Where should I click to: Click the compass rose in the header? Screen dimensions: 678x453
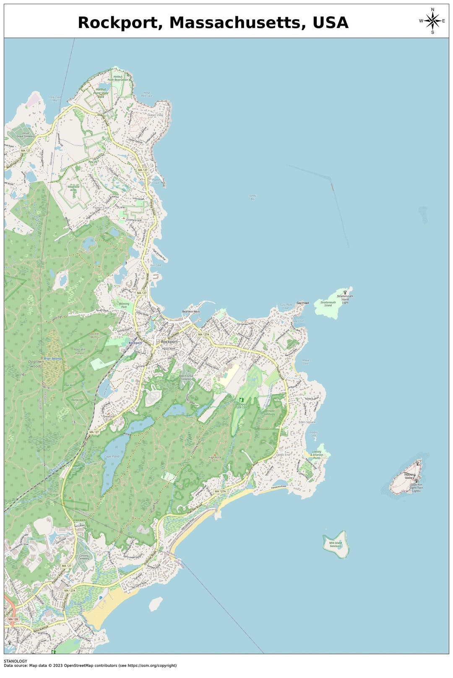(432, 21)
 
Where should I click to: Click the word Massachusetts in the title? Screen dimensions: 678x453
(237, 23)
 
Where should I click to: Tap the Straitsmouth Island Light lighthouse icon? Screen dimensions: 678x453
(345, 292)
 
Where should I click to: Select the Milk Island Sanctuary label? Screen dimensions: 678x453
(336, 544)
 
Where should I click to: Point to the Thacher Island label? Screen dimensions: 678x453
(409, 476)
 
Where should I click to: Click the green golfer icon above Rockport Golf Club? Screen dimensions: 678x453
(241, 400)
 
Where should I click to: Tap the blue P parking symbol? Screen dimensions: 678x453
(100, 598)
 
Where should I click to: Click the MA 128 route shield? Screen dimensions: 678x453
(13, 619)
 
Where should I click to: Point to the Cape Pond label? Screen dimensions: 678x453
(111, 456)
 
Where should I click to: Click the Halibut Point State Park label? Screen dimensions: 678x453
(101, 93)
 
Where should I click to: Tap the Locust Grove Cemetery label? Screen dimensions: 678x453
(26, 135)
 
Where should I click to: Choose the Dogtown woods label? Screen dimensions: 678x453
(36, 364)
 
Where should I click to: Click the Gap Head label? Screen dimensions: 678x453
(302, 303)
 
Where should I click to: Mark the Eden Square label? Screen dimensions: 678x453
(307, 422)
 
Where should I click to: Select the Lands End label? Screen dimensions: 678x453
(283, 455)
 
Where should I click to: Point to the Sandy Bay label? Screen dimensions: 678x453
(253, 197)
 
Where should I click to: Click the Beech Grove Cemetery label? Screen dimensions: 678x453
(186, 377)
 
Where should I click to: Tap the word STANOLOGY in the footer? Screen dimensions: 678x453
(16, 661)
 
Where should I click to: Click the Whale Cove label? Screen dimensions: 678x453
(305, 362)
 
